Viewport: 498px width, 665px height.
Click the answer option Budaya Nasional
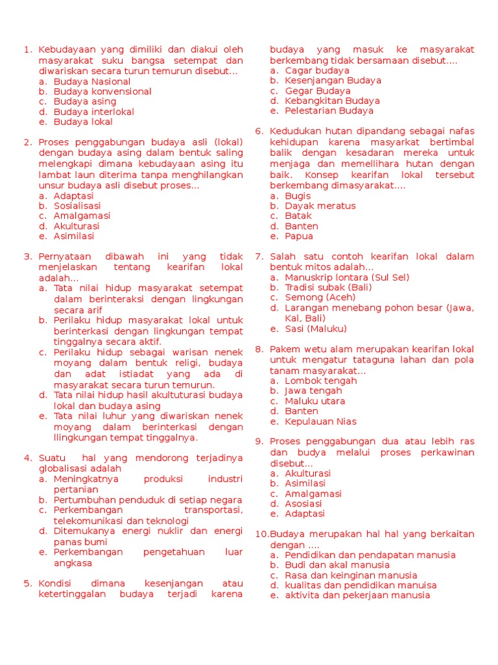92,81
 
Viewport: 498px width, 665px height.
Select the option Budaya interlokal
94,112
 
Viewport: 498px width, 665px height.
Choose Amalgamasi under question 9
313,494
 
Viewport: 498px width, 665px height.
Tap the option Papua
299,236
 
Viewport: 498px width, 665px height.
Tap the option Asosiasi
303,503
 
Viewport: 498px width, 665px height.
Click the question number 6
259,131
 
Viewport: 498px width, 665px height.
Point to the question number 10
260,534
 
